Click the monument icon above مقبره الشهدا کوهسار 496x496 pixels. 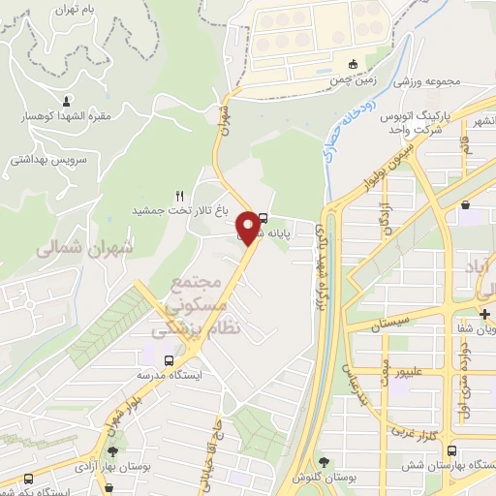66,101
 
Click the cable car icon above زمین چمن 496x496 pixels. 352,66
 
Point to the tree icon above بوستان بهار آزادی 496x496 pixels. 113,449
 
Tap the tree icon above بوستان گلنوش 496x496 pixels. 324,463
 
